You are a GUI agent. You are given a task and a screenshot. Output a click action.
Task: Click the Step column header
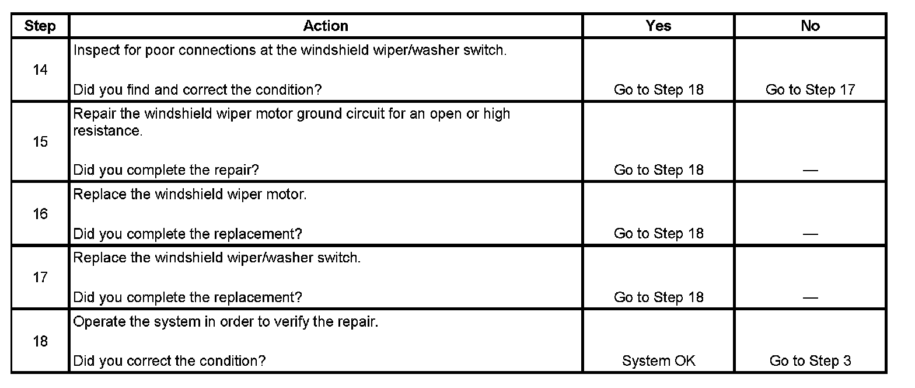click(x=40, y=26)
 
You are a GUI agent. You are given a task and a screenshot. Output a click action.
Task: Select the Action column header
click(x=326, y=26)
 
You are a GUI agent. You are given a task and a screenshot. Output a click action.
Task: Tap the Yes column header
click(x=658, y=26)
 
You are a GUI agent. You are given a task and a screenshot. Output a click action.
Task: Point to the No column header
click(x=810, y=26)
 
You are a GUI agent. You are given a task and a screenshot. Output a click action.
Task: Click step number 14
click(x=40, y=70)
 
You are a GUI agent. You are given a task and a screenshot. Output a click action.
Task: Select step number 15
click(x=40, y=142)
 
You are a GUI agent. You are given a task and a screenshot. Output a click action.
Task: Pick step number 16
click(x=40, y=214)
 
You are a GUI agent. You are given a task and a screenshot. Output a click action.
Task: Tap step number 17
click(x=40, y=277)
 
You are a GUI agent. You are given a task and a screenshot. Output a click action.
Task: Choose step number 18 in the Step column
click(x=40, y=341)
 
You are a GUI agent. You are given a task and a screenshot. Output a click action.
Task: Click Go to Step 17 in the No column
click(x=810, y=89)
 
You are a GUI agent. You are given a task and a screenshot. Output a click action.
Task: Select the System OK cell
click(x=658, y=361)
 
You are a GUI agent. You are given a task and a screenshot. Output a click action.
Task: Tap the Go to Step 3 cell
click(x=810, y=361)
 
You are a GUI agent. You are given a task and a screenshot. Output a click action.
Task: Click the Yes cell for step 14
click(x=658, y=89)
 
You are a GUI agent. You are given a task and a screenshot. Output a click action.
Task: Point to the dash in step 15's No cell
click(x=810, y=170)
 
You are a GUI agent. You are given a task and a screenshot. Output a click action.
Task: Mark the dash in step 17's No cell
click(x=810, y=297)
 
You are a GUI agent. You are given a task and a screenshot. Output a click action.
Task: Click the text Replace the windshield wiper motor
click(x=190, y=194)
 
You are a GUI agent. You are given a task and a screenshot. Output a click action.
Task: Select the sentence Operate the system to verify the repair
click(x=226, y=322)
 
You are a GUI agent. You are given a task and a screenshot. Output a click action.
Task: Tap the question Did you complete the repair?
click(x=166, y=170)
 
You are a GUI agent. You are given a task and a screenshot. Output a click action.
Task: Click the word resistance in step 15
click(x=107, y=131)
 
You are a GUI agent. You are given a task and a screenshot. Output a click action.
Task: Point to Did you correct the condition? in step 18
click(x=169, y=361)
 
